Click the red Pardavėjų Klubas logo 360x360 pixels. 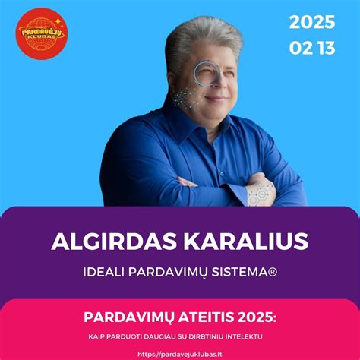tap(43, 33)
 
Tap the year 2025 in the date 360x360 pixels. tap(311, 22)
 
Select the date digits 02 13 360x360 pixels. tap(311, 48)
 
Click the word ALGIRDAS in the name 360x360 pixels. tap(104, 242)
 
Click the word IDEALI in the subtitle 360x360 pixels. tap(106, 271)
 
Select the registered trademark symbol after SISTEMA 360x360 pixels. tap(271, 271)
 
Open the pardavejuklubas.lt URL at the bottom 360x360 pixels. tap(180, 353)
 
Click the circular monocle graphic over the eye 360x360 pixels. tap(206, 73)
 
